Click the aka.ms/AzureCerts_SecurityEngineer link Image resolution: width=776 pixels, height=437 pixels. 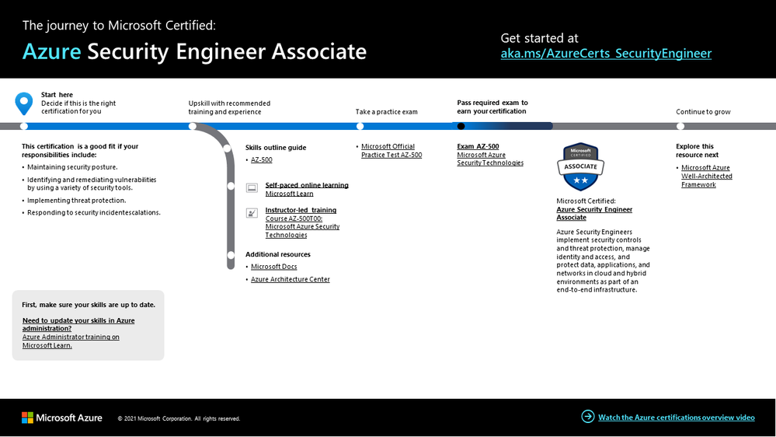coord(606,54)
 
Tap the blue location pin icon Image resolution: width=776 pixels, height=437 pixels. coord(24,103)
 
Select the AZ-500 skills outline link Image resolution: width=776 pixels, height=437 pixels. coord(261,160)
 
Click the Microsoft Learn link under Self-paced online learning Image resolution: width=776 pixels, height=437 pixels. coord(289,194)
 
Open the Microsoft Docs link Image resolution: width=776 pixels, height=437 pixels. coord(273,267)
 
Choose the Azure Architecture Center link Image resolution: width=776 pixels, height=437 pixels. coord(290,279)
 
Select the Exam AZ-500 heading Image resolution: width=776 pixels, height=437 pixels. coord(478,146)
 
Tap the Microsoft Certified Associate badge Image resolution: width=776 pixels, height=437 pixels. coord(580,166)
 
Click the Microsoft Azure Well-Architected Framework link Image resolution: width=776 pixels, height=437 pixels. coord(706,176)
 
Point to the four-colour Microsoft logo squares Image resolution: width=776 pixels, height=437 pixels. coord(28,418)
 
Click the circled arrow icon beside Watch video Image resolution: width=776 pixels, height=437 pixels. coord(587,417)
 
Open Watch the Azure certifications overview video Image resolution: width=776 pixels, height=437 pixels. coord(676,418)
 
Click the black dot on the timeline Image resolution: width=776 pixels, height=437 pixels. coord(461,126)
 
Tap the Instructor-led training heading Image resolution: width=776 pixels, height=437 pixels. coord(301,210)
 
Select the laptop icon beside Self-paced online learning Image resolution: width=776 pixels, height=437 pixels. coord(252,188)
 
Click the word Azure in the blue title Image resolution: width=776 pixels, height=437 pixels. coord(51,52)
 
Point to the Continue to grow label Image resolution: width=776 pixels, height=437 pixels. coord(703,112)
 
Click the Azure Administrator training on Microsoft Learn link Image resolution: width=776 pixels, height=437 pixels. coord(71,341)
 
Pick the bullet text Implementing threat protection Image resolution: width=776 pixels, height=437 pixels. coord(76,200)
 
